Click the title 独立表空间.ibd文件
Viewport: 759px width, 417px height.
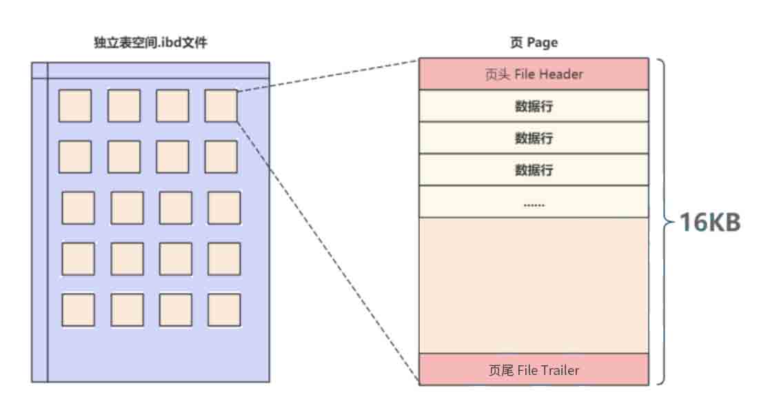coord(150,43)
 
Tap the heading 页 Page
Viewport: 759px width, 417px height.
coord(534,43)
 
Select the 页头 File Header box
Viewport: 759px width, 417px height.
coord(534,74)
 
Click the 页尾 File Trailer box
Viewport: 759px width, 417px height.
coord(534,370)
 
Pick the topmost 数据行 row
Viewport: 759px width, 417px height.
coord(534,106)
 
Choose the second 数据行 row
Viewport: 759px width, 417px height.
coord(534,138)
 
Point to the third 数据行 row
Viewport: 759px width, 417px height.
coord(534,170)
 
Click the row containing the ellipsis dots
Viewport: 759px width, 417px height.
coord(534,202)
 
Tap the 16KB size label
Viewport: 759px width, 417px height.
coord(709,223)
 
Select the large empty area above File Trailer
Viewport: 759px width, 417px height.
coord(534,285)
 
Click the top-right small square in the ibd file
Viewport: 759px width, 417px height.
coord(221,105)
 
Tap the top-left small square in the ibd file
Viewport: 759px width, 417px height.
coord(75,105)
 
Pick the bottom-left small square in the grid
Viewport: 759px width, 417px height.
coord(78,309)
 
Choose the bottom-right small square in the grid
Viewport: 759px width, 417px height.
coord(224,309)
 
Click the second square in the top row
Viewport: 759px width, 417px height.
coord(124,105)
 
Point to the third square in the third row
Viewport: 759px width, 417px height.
coord(176,207)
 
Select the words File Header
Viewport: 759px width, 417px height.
coord(549,74)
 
